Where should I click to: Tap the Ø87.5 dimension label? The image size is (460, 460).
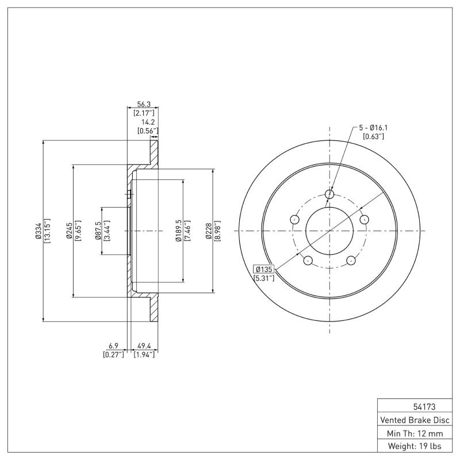click(x=98, y=231)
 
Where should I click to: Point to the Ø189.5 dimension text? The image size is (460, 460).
click(x=179, y=231)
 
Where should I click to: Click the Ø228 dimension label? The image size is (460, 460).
click(x=209, y=231)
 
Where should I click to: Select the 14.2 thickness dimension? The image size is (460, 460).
click(x=148, y=122)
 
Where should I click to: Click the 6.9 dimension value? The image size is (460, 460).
click(x=114, y=346)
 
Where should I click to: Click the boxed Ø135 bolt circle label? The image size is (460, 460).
click(x=263, y=269)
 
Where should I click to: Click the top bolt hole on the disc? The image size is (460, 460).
click(x=329, y=194)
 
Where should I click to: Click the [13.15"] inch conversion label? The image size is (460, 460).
click(x=47, y=231)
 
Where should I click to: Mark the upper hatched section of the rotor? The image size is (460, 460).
click(x=154, y=152)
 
